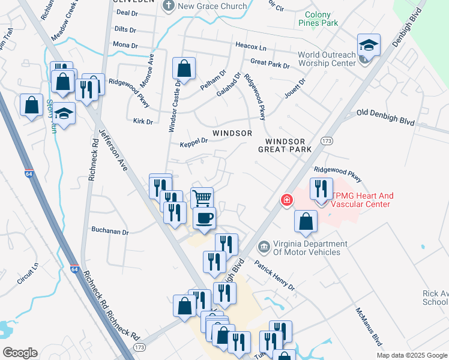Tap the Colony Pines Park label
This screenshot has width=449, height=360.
tap(326, 19)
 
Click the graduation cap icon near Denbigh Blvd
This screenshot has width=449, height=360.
tap(369, 45)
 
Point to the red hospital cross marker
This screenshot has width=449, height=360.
tap(287, 200)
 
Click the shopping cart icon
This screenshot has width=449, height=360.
tap(202, 197)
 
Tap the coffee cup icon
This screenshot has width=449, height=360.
tap(205, 218)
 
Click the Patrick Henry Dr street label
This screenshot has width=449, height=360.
tap(275, 275)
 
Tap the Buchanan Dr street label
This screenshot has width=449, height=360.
tap(110, 230)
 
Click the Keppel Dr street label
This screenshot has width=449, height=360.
tap(193, 143)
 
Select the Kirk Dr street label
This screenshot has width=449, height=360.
tap(143, 121)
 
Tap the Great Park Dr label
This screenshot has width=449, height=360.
tap(270, 63)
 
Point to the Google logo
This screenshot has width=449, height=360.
tap(20, 353)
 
